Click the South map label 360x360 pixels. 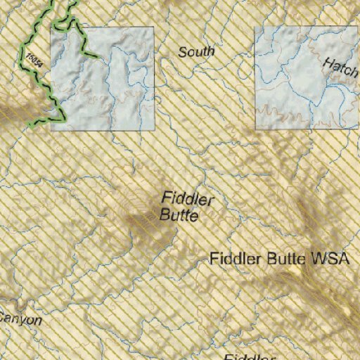[196, 52]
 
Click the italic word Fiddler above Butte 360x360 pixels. [188, 199]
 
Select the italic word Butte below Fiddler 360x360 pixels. [179, 215]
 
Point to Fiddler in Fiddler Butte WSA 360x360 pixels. [235, 259]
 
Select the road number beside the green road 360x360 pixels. [33, 58]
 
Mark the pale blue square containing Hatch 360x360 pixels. [306, 77]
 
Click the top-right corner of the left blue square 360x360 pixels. [154, 27]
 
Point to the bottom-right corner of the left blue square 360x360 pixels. [154, 130]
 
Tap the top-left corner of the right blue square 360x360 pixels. [255, 27]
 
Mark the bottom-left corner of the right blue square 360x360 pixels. [255, 129]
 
